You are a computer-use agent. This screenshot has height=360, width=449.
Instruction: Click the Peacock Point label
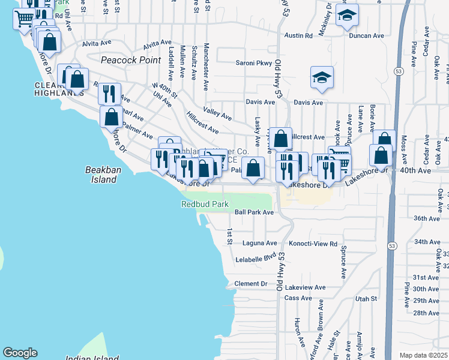131,60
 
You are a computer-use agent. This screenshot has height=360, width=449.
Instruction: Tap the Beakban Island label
100,175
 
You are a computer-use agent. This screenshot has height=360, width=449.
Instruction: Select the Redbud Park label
205,205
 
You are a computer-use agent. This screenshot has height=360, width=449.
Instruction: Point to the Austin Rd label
300,36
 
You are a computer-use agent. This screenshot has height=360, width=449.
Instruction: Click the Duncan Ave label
367,36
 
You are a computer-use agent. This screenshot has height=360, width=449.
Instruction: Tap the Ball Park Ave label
254,212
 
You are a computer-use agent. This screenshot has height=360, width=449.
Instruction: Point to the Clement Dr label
250,284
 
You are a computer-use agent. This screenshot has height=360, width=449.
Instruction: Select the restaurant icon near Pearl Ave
109,93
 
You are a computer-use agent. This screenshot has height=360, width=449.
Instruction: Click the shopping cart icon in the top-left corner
24,18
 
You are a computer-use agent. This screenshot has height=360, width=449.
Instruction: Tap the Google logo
20,353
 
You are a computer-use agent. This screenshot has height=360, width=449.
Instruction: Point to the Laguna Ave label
260,244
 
